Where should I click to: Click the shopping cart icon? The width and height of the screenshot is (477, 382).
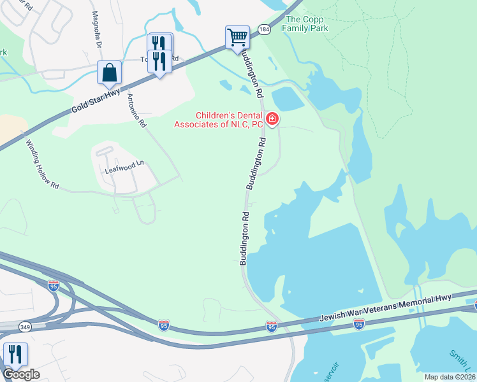pos(237,37)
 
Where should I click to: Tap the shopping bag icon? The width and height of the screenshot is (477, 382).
pos(109,73)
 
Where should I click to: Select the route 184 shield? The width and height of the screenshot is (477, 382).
pos(264,29)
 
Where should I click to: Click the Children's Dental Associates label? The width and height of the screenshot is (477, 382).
pos(219,120)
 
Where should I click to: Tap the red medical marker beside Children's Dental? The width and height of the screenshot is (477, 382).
pos(272,118)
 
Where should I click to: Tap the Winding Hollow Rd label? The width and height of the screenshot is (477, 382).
pos(42,164)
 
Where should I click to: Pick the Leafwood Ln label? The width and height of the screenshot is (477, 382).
pos(125,167)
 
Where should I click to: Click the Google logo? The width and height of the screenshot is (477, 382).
pos(21,374)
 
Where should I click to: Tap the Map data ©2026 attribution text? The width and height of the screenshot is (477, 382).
pos(450,377)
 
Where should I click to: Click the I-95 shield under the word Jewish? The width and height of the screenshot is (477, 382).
pos(358,325)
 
